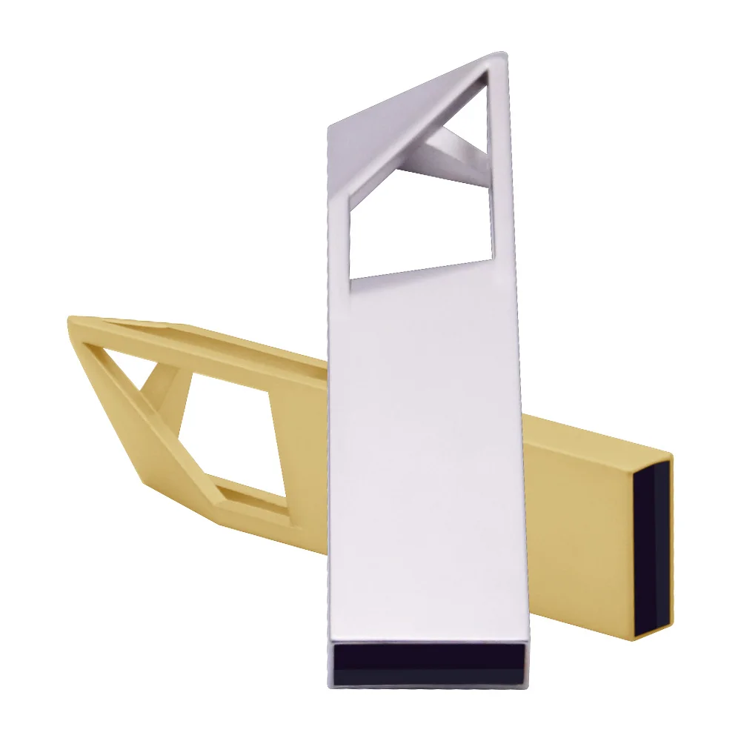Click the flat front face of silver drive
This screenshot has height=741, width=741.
click(426, 445)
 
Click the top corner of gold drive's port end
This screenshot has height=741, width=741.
click(671, 454)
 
